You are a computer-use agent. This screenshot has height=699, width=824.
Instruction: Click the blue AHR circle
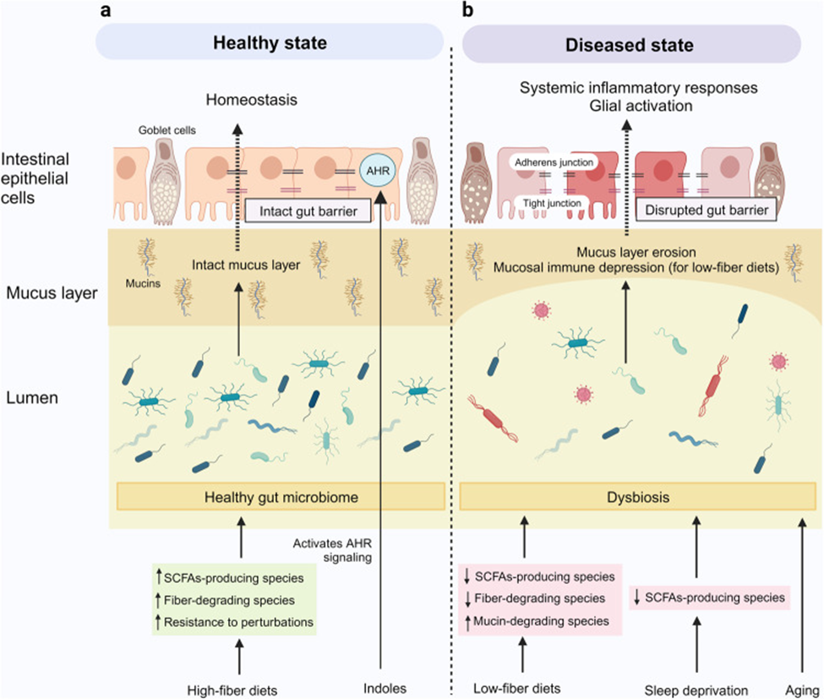point(378,171)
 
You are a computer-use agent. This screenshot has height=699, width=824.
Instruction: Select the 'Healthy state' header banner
point(270,42)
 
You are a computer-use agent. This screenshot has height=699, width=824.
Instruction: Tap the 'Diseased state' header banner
point(631,44)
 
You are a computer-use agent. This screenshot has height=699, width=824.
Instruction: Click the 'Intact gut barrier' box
point(308,210)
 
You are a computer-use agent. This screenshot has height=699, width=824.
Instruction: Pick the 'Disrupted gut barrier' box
point(707,210)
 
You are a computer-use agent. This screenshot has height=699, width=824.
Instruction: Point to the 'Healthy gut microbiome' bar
point(281,497)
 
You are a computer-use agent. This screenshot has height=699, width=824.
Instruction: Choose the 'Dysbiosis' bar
point(638,497)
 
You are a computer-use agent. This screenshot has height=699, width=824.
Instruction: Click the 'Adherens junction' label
point(554,162)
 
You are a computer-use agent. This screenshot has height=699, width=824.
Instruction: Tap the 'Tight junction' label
point(552,203)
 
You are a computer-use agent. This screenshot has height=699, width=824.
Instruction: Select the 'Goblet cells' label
point(167,130)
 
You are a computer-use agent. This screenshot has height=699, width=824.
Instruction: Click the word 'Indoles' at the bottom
point(385,688)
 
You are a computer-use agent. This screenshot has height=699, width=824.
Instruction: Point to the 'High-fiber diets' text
point(232,690)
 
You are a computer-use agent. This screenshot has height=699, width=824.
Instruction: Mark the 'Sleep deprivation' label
point(696,690)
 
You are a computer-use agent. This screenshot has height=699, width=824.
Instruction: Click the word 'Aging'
point(803,690)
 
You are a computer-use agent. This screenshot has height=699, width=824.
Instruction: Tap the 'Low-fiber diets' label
point(517,688)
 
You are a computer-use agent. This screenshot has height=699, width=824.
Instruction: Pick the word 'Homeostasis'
point(252,100)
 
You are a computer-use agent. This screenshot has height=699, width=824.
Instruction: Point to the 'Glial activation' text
point(641,106)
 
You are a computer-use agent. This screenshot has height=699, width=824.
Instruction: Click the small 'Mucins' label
point(143,283)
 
